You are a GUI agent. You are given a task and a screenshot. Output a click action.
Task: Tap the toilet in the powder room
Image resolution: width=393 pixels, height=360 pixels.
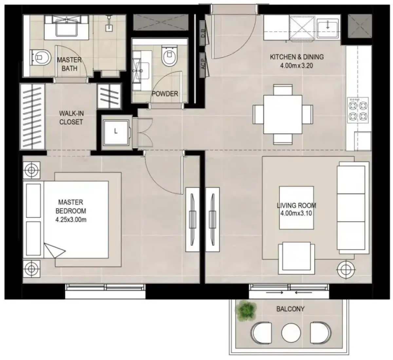169,56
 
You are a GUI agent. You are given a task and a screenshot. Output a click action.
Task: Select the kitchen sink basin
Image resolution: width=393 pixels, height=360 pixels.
328,28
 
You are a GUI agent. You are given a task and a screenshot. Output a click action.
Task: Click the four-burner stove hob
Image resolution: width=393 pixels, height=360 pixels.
358,110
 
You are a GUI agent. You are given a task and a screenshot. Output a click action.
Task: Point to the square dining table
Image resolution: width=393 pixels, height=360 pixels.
283,115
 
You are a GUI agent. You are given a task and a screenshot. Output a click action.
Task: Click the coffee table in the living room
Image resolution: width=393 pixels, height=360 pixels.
296,207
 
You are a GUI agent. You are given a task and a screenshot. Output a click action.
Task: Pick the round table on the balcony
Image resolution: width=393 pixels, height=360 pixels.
291,333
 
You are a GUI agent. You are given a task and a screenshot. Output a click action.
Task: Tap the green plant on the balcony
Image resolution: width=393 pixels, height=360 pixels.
246,311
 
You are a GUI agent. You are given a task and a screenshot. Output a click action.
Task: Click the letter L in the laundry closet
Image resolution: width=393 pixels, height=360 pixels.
116,132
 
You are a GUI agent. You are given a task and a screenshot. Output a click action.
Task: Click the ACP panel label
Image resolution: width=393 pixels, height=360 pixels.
203,64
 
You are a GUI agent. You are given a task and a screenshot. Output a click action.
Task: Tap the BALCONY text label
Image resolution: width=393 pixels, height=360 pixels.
290,309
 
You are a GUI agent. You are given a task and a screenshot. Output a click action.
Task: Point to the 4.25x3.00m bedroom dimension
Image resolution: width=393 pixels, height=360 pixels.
71,220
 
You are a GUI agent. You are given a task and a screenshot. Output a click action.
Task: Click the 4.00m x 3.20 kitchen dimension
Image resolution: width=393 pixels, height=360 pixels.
296,65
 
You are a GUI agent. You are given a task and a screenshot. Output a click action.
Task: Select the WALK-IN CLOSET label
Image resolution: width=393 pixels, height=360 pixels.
71,118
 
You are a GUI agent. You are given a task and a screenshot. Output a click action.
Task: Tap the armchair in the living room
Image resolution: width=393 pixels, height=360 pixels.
296,258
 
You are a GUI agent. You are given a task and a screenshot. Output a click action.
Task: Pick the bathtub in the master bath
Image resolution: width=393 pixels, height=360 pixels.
66,27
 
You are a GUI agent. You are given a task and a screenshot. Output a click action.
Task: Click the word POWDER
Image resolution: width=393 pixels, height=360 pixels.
165,94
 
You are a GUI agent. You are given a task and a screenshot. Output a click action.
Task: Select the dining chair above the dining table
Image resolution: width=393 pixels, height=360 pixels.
283,90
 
